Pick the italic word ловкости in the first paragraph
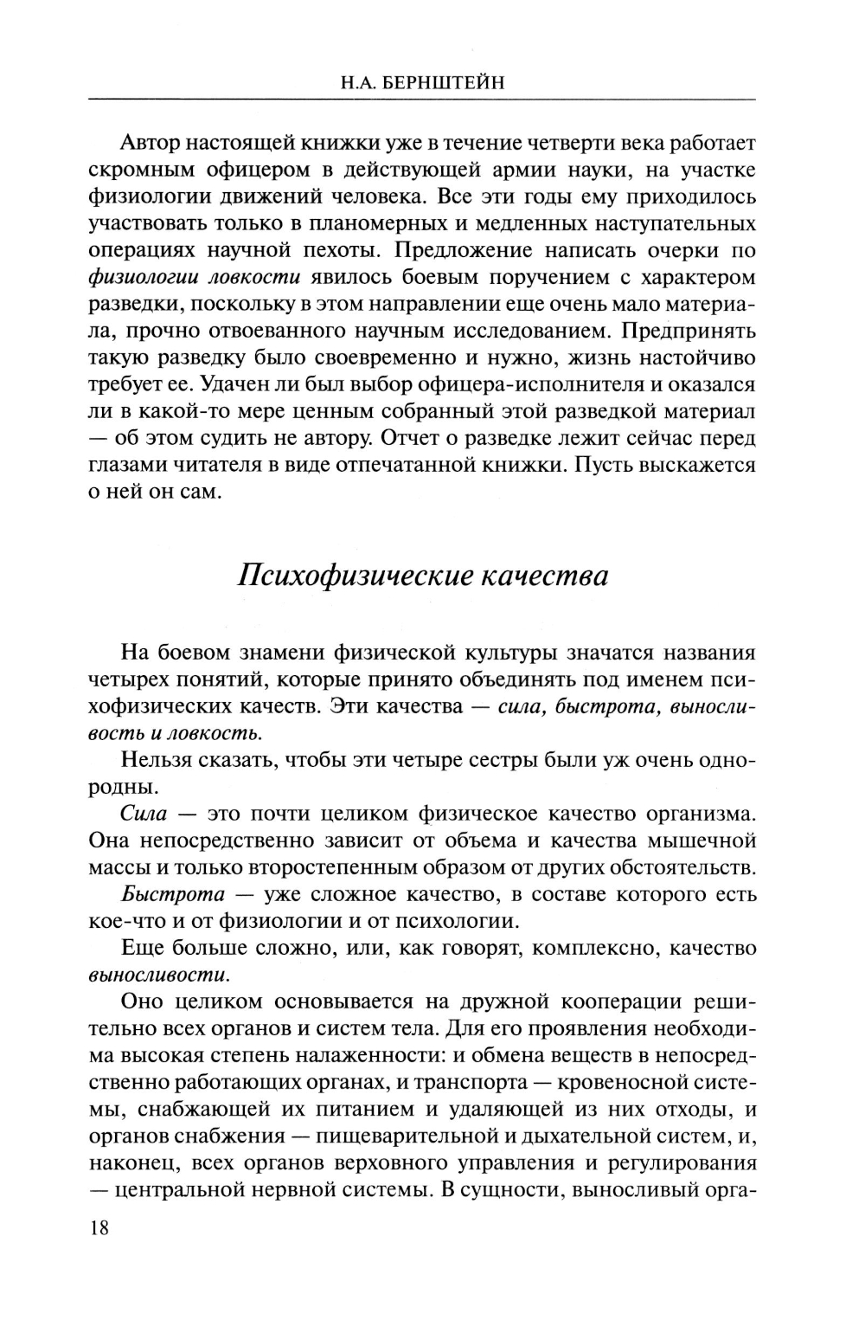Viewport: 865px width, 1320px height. [260, 277]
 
